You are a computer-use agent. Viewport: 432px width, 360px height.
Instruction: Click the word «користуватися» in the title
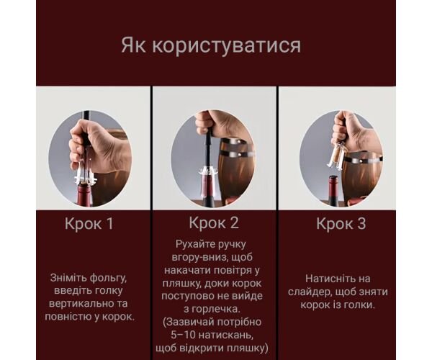coord(227,46)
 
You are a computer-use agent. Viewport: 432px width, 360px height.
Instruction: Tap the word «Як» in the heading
coord(132,45)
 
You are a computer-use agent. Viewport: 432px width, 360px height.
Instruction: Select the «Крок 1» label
coord(89,223)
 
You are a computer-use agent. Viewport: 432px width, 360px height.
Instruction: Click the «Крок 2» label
coord(214,222)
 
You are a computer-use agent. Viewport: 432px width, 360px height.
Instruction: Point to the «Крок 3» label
coord(341,223)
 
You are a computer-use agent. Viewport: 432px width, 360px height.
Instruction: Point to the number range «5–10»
coord(183,335)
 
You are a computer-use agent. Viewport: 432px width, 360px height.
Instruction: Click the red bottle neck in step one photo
coord(85,195)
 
